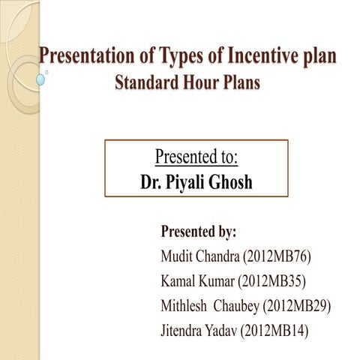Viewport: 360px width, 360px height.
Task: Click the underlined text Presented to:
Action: coord(196,158)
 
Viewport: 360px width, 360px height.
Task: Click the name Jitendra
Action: coord(184,331)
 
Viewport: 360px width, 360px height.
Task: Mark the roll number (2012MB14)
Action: coord(274,331)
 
